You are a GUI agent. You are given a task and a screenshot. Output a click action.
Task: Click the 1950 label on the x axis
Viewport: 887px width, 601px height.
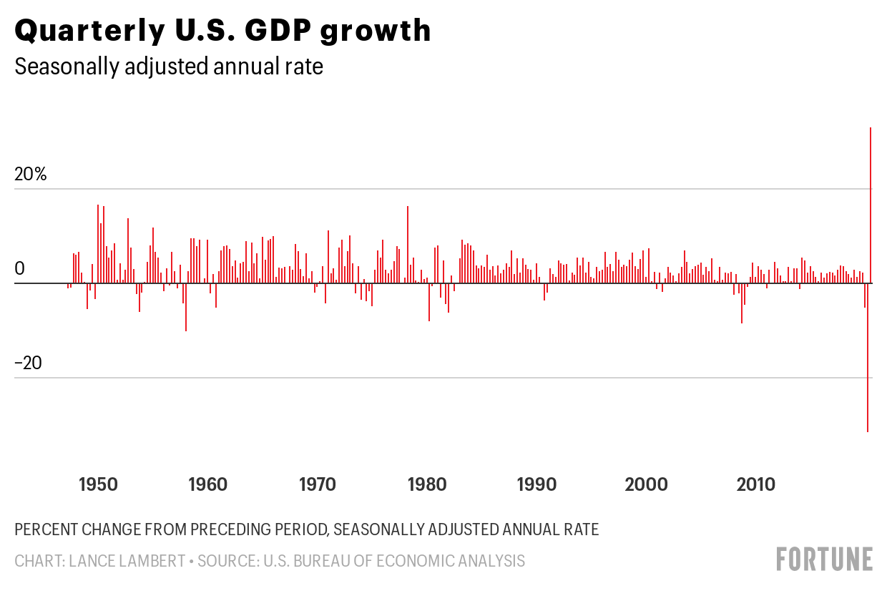[98, 484]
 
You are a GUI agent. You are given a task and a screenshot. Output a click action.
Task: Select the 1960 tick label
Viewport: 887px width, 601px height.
[207, 484]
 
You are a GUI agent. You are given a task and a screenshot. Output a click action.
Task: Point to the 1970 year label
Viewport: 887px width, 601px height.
[317, 484]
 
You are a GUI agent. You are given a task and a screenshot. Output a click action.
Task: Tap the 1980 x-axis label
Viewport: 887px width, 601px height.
[427, 484]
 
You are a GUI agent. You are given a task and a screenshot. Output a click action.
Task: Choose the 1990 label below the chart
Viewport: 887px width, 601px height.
[536, 484]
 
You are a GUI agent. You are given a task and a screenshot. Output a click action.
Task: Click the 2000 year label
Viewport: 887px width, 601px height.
[646, 484]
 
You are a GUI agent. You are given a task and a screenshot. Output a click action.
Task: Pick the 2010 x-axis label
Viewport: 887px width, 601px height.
[756, 484]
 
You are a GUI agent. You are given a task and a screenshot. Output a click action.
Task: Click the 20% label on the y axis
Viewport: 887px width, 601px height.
[31, 174]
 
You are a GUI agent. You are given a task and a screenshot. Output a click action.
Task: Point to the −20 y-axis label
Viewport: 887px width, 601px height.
[29, 363]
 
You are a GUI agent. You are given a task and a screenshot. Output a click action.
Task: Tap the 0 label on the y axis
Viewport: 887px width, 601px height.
[20, 268]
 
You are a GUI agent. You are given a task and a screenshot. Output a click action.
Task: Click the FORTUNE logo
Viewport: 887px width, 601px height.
[825, 559]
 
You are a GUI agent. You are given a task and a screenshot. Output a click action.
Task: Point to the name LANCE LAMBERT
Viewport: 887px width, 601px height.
[126, 561]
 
